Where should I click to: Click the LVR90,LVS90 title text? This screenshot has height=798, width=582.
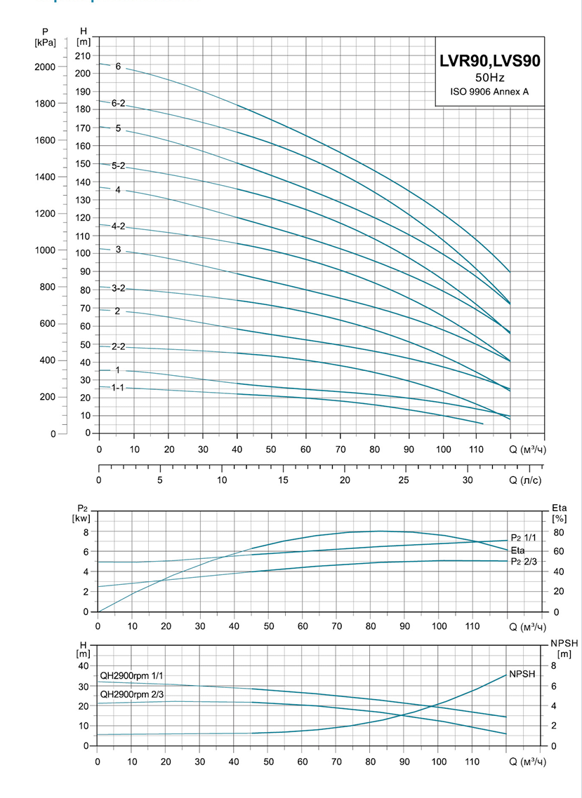(489, 62)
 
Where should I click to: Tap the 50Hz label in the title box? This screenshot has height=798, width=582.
(489, 77)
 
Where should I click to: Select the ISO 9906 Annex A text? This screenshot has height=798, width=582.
(489, 91)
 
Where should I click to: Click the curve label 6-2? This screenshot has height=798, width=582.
(118, 103)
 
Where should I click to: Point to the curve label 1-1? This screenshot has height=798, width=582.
(118, 388)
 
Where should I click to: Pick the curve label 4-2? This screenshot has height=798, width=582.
(118, 226)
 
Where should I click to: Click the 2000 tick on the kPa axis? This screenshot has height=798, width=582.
(44, 67)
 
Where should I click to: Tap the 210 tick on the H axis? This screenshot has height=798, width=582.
(84, 55)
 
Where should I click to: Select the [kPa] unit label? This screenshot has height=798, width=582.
(44, 42)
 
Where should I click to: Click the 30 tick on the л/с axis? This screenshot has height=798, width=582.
(468, 480)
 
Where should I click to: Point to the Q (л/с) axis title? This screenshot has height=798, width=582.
(527, 480)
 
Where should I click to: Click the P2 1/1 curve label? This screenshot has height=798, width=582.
(523, 537)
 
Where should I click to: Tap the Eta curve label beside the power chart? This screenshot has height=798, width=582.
(518, 550)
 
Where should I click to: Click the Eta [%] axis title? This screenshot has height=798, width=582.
(559, 513)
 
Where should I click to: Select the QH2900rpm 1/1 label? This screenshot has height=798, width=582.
(132, 675)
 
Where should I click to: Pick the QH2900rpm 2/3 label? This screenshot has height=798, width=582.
(132, 694)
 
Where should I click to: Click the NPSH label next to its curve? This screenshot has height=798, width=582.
(522, 674)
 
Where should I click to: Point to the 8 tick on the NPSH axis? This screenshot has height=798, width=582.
(554, 665)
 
